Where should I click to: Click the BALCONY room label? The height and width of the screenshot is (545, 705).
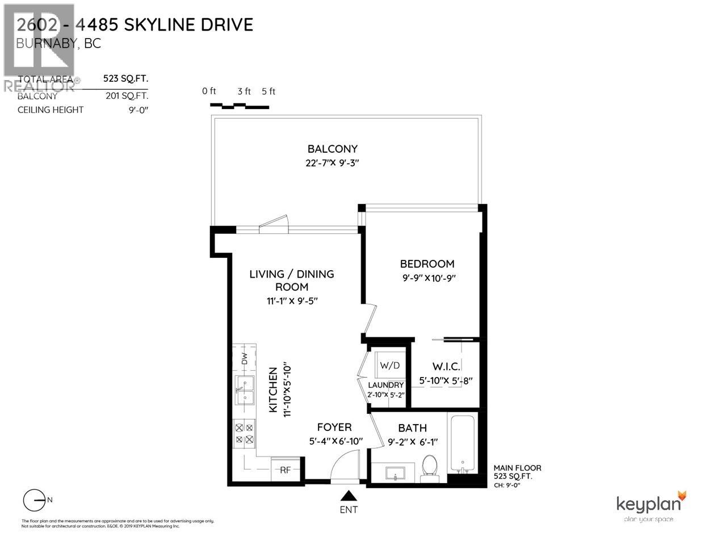(333, 149)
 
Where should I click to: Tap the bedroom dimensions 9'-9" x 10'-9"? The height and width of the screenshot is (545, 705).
(428, 278)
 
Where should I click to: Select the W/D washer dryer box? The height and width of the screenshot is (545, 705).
(389, 366)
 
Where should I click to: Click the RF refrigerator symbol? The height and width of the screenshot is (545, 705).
(286, 469)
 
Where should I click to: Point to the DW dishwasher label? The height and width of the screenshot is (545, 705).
(245, 359)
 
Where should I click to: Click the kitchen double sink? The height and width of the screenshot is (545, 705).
(245, 391)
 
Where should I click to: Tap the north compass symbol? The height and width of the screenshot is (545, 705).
(35, 500)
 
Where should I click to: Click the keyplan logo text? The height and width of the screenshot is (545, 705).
(646, 504)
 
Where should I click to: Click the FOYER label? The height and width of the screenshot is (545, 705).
(334, 427)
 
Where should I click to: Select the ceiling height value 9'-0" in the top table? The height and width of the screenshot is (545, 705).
(138, 110)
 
